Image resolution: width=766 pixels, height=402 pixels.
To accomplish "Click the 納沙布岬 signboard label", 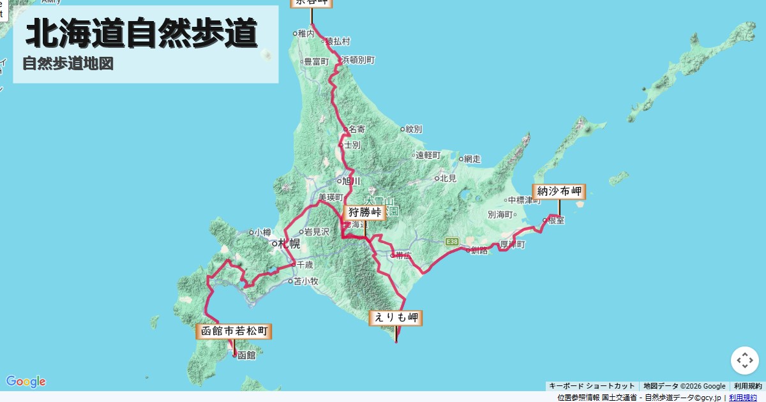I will tap(559, 191).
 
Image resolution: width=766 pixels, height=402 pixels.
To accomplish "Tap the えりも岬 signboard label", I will tap(396, 317).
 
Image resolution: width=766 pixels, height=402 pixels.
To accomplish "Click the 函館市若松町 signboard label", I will tap(234, 331).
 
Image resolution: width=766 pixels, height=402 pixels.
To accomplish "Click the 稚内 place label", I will tap(306, 33).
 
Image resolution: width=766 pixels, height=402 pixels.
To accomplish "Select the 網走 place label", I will tap(472, 158).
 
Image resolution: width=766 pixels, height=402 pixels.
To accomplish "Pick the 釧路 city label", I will tap(479, 250).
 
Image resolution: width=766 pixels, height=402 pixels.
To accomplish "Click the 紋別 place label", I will tap(413, 129).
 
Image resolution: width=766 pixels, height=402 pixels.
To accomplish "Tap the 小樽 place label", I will tap(262, 233).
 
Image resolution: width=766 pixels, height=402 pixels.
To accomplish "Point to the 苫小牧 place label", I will tap(305, 281).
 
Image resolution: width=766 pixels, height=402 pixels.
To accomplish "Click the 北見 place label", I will tap(448, 178).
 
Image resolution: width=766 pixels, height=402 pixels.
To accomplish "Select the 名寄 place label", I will tap(357, 129).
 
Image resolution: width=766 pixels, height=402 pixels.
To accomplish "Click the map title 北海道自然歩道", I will tap(142, 34).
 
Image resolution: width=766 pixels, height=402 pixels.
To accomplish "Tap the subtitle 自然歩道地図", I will tap(68, 64).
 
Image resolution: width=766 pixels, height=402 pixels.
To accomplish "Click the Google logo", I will tap(26, 382).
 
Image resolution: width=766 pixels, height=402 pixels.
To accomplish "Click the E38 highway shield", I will tap(452, 241).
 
